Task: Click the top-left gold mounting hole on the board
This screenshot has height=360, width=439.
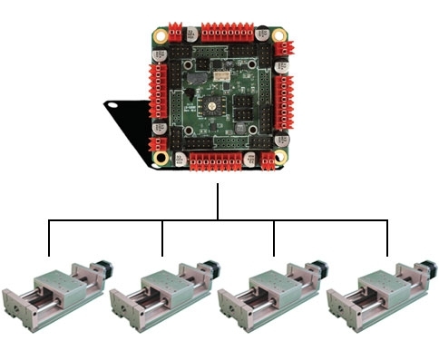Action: pyautogui.click(x=161, y=37)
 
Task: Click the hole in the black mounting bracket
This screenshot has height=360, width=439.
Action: pyautogui.click(x=114, y=104)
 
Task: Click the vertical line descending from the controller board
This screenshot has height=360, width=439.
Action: pyautogui.click(x=218, y=201)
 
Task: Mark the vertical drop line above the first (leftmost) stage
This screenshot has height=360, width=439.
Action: pyautogui.click(x=48, y=238)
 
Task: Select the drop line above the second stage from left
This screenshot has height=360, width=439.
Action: pyautogui.click(x=162, y=238)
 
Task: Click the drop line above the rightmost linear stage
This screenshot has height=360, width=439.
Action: pyautogui.click(x=388, y=238)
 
